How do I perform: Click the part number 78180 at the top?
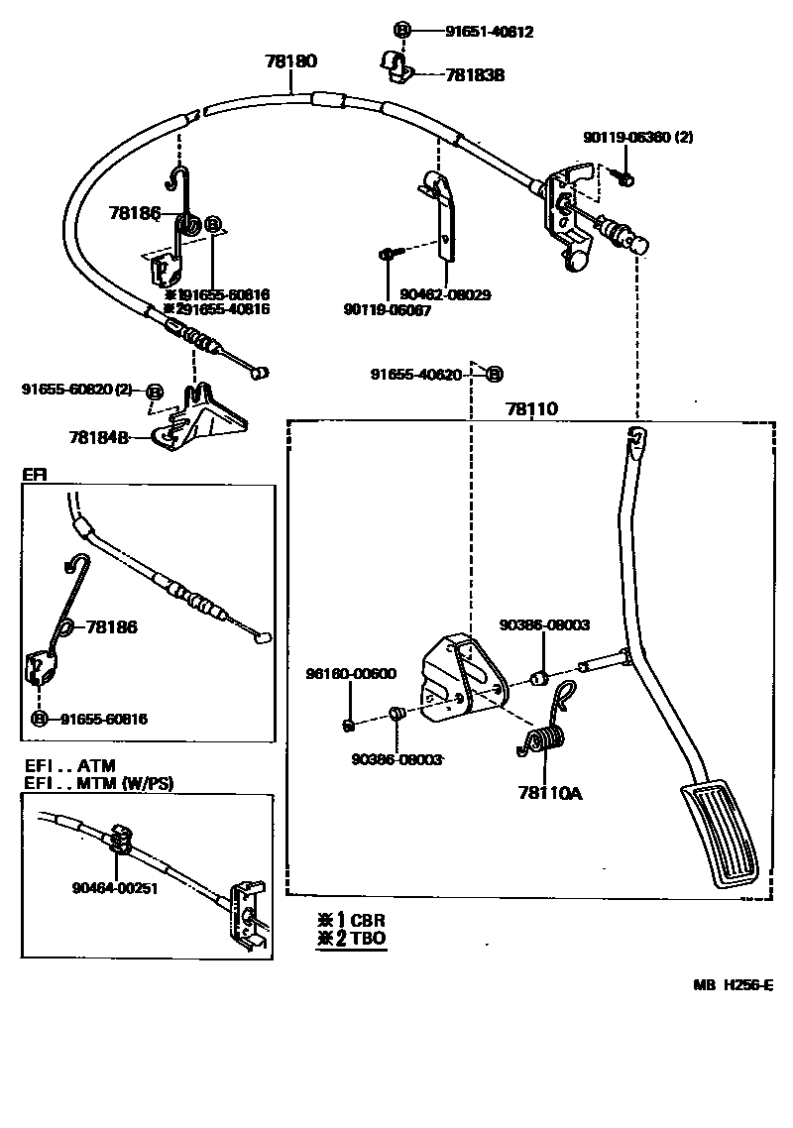point(290,61)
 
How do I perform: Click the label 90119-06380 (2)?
point(637,138)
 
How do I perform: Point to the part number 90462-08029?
point(446,295)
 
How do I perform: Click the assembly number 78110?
point(531,408)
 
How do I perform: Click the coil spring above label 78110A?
point(541,742)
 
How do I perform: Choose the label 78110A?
point(549,792)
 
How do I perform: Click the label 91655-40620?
point(416,374)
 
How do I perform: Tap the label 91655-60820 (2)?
point(76,390)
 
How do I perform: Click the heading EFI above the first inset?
point(34,476)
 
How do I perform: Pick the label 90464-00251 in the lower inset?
point(115,888)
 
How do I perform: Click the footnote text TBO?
point(368,938)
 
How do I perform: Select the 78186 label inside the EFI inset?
point(111,626)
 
